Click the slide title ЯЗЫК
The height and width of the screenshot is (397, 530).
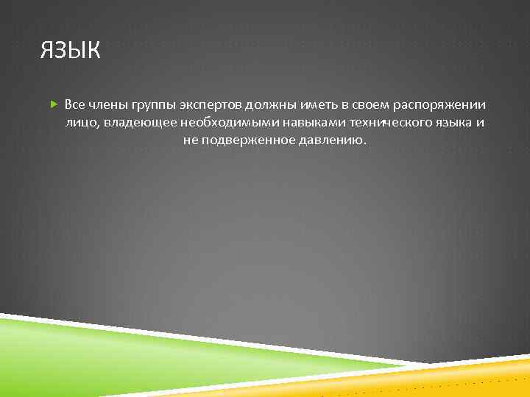point(71,52)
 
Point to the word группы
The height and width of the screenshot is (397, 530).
point(150,104)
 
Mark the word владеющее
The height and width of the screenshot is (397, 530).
point(136,122)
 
